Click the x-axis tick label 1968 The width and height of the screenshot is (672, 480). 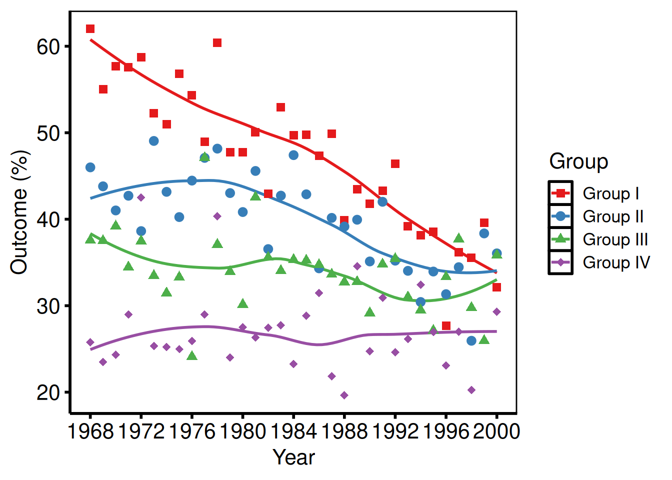pos(90,431)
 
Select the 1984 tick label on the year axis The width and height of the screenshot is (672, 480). pos(293,431)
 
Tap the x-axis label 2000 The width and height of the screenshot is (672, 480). pos(496,431)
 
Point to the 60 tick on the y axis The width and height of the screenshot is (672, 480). pos(48,46)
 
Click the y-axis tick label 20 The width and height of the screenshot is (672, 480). pos(48,392)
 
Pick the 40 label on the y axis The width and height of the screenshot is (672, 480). pos(48,219)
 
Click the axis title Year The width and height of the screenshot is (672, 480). pos(293,457)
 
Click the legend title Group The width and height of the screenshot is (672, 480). pos(578,161)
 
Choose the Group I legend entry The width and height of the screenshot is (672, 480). pos(610,193)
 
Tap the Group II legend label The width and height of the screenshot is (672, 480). pos(613,216)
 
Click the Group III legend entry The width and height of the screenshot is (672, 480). pos(615,239)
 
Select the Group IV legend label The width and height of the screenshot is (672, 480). pos(616,262)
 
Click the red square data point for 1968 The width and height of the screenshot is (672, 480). pos(90,29)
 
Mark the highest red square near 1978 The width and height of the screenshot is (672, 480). pos(217,43)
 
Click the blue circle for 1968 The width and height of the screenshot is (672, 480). pos(90,167)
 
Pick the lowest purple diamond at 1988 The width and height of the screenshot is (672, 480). pos(344,395)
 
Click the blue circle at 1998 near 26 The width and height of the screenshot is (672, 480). pos(471,341)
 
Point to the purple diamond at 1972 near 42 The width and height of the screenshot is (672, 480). pos(141,197)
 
